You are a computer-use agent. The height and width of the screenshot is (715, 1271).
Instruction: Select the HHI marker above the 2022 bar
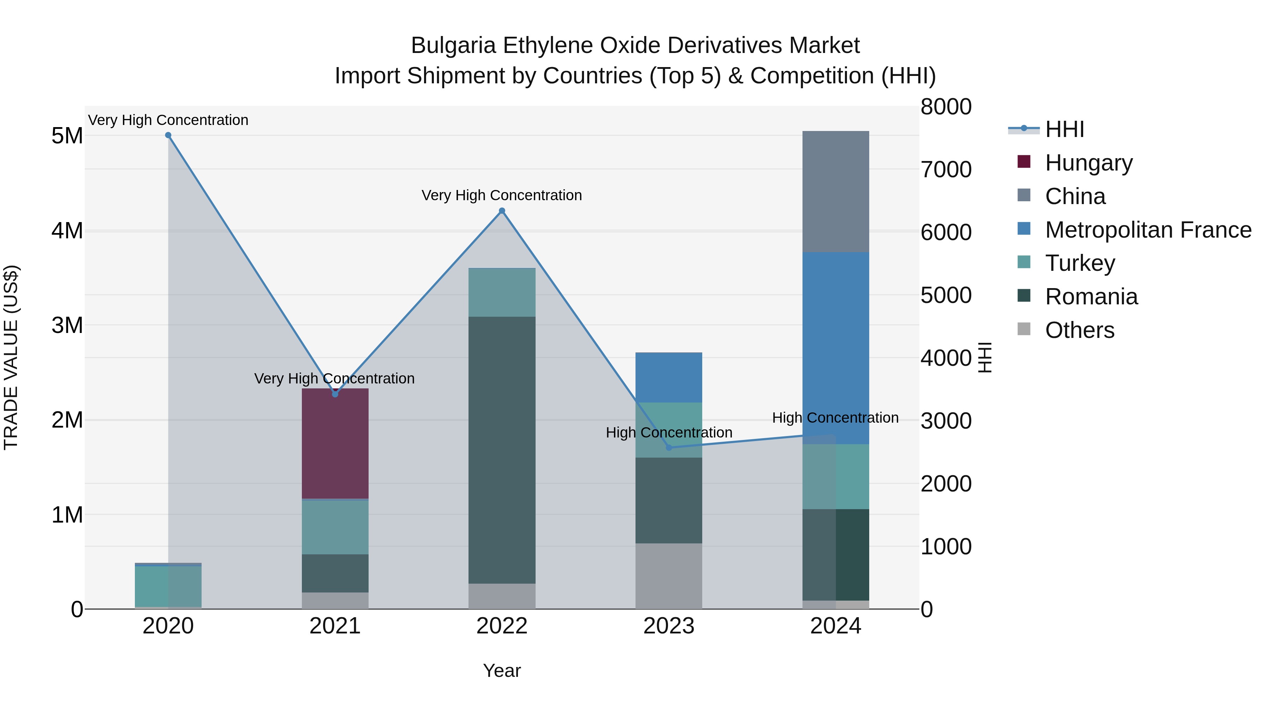(x=502, y=211)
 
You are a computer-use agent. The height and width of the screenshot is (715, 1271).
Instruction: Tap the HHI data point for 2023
(x=669, y=448)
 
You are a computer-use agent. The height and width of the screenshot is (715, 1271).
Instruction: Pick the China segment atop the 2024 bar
(x=835, y=191)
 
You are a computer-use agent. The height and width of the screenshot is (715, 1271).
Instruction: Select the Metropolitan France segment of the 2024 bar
(x=835, y=348)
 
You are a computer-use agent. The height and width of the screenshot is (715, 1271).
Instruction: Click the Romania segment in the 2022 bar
(x=502, y=450)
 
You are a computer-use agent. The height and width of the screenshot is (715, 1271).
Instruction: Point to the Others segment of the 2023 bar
(x=669, y=576)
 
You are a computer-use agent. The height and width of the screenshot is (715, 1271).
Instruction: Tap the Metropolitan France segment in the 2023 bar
(x=669, y=377)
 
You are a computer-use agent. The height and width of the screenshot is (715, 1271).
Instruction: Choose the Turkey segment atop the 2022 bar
(x=502, y=292)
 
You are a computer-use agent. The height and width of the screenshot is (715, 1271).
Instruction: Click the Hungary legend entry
(x=1088, y=163)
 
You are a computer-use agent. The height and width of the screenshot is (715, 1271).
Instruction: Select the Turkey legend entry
(x=1080, y=263)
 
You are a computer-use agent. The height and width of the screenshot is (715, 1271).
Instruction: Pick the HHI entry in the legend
(x=1064, y=129)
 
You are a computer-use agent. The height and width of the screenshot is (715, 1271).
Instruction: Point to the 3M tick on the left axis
(x=67, y=325)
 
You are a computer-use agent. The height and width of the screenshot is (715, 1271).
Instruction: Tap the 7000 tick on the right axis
(x=946, y=169)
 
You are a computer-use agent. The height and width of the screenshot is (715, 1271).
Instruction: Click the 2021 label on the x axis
(x=335, y=626)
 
